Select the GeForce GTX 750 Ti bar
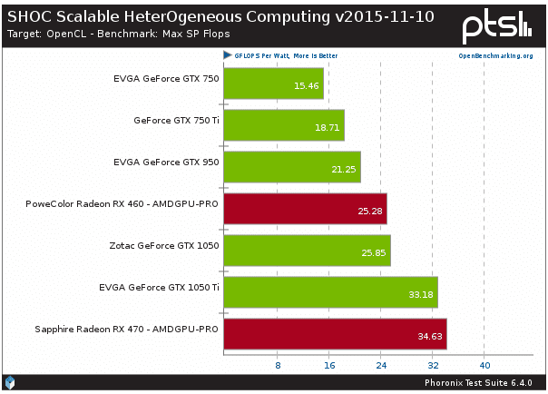(x=284, y=125)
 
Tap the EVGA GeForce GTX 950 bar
(x=292, y=169)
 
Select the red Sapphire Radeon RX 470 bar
(x=335, y=336)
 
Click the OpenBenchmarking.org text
(x=495, y=55)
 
